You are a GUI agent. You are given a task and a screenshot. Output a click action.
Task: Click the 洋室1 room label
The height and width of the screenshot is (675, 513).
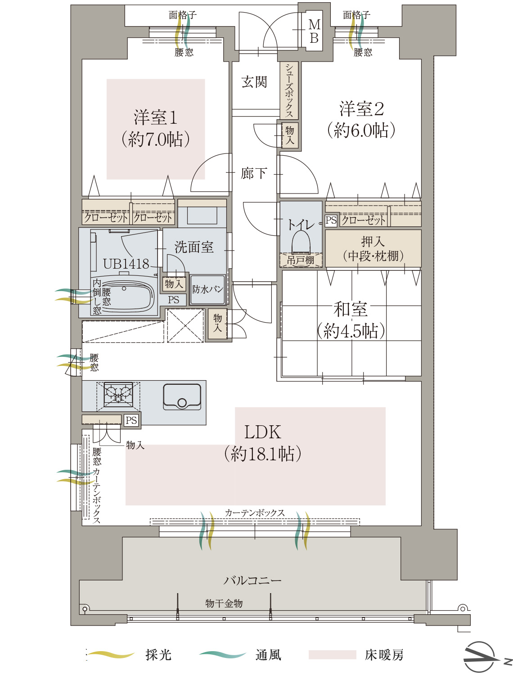[x=155, y=118]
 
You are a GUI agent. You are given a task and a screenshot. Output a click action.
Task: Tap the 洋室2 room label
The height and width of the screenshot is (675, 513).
[x=361, y=109]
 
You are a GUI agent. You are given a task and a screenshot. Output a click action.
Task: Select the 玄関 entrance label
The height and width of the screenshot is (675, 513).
[x=254, y=82]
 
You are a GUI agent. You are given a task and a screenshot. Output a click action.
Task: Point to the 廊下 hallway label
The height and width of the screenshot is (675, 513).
[x=254, y=173]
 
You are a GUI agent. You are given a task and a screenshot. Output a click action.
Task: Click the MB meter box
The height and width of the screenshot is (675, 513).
[x=314, y=31]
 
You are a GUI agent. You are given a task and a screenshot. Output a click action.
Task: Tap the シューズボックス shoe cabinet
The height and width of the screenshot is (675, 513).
[x=289, y=90]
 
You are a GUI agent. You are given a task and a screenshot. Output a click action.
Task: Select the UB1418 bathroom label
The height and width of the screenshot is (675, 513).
[x=126, y=264]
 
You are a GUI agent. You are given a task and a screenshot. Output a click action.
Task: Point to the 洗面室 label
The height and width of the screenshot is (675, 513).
[x=194, y=247]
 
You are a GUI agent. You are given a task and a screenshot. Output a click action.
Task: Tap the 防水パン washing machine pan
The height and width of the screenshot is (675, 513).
[x=207, y=289]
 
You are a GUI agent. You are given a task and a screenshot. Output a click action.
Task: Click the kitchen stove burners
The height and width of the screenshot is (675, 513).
[x=118, y=393]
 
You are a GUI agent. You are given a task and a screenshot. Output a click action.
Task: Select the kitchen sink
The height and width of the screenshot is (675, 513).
[x=182, y=396]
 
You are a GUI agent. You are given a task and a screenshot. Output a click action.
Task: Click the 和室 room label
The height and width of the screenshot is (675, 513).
[x=351, y=309]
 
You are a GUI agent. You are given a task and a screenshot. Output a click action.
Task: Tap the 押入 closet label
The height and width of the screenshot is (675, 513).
[x=373, y=242]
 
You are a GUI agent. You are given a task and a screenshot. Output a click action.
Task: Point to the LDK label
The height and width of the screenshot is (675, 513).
[x=262, y=432]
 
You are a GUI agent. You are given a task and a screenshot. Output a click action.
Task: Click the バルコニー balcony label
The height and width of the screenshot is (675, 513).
[x=252, y=580]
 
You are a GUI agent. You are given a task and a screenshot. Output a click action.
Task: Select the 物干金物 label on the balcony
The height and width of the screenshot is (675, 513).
[x=224, y=603]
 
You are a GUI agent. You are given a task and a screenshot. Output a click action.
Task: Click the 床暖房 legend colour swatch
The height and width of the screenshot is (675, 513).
[x=332, y=655]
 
